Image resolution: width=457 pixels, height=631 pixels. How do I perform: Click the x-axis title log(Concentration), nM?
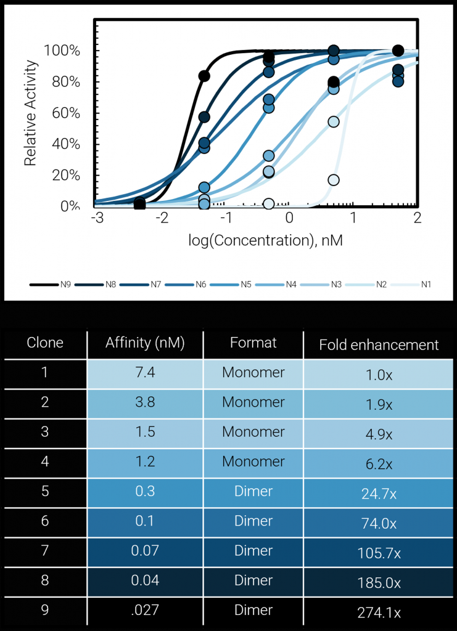[x=265, y=240]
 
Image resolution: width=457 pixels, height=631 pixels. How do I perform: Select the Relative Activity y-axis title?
[x=31, y=113]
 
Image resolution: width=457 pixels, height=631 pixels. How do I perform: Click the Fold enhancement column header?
[x=379, y=344]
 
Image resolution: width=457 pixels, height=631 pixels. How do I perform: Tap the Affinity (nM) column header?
[x=145, y=343]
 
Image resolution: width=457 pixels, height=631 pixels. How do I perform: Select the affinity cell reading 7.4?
[x=145, y=373]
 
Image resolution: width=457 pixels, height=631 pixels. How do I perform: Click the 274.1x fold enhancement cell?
[x=379, y=613]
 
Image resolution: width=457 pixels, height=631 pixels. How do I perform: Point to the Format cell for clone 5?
[x=253, y=491]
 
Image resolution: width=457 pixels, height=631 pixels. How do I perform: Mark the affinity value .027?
[x=145, y=611]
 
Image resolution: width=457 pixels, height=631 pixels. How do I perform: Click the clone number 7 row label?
[x=44, y=551]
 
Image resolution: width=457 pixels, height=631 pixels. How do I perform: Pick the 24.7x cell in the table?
[x=379, y=493]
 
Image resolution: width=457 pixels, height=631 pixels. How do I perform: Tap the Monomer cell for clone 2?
[x=253, y=402]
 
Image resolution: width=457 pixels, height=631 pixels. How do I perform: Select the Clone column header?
[x=44, y=343]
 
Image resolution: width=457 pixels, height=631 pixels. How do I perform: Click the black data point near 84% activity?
[x=204, y=76]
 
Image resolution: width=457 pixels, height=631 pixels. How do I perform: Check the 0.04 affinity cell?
[x=145, y=580]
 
